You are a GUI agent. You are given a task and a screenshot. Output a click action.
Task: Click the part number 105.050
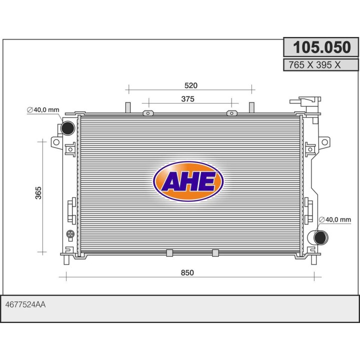(x=322, y=47)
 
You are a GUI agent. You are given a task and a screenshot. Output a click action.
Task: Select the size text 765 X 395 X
(x=314, y=65)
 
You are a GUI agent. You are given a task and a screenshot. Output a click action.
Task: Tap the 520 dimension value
(x=191, y=85)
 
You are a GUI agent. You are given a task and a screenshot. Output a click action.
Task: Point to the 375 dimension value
(x=188, y=99)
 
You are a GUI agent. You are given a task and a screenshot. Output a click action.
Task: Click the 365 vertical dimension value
(x=38, y=193)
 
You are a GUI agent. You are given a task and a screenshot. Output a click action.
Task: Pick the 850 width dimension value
(x=187, y=272)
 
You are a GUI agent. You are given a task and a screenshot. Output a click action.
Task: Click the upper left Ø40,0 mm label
(x=43, y=109)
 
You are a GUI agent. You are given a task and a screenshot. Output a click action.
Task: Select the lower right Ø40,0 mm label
(x=335, y=219)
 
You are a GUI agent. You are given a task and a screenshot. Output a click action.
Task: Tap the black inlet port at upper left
(x=67, y=128)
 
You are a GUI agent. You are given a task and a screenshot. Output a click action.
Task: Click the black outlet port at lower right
(x=321, y=237)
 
